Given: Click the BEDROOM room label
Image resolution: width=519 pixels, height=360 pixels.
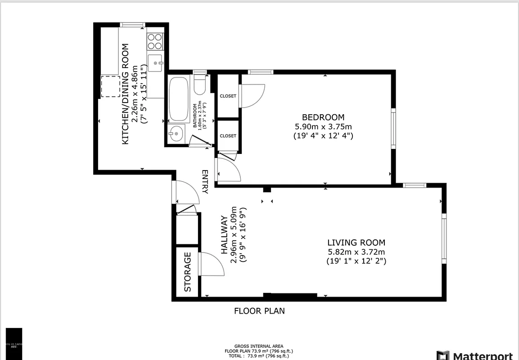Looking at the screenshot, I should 323,117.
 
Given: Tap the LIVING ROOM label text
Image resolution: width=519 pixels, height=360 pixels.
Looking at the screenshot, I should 356,243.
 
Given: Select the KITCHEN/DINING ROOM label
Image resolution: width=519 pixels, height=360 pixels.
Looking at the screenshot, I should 126,94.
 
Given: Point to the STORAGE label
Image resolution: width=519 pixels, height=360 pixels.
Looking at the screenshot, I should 188,272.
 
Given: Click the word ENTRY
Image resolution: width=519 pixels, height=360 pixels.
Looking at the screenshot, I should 205,182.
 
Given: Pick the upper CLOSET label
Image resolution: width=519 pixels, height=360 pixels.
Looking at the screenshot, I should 228,96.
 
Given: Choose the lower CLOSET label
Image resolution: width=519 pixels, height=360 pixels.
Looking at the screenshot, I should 228,136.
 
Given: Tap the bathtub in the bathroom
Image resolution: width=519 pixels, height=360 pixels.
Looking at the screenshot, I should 180,99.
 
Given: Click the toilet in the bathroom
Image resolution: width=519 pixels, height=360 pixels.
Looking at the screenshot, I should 199,83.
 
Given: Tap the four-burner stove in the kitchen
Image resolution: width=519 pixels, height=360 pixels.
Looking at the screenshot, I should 155,41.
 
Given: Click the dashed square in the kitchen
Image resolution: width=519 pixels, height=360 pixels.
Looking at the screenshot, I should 110,86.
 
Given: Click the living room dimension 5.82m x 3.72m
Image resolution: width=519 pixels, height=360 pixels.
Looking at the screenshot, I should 356,252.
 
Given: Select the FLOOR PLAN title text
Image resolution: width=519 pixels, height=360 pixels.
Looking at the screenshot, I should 259,311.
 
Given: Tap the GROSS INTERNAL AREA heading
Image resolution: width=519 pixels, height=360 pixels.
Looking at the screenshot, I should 259,346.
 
